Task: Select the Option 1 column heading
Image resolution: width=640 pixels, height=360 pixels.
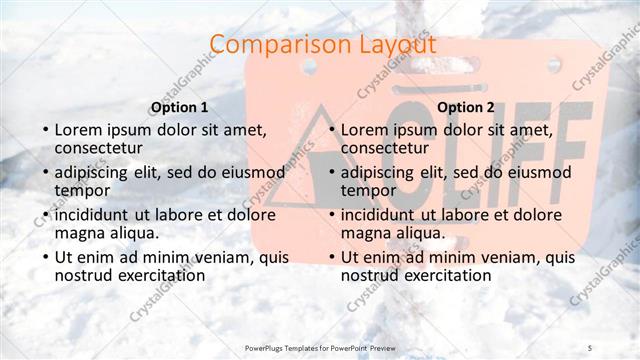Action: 179,107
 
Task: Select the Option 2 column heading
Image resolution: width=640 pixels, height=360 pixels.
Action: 465,107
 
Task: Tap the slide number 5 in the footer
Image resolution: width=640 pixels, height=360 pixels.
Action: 590,346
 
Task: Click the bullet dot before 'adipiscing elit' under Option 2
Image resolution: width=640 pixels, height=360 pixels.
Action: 331,173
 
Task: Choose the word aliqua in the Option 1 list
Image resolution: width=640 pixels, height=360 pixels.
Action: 132,232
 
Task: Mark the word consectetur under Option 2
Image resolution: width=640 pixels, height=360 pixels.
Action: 385,148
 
